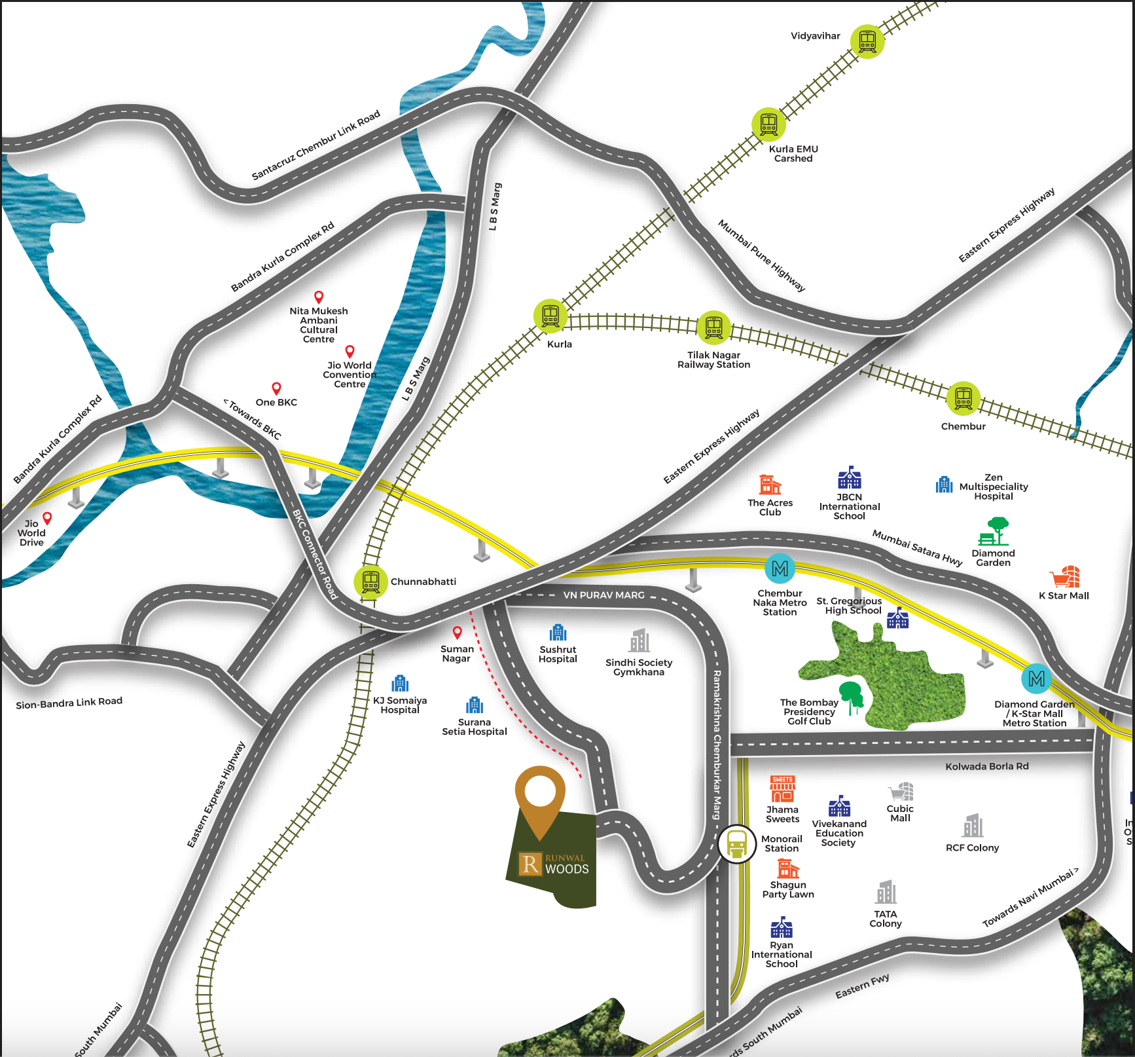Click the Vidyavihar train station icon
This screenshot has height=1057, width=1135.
click(x=867, y=42)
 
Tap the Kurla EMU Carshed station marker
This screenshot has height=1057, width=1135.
click(x=768, y=124)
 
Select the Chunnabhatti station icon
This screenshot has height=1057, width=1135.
click(x=371, y=582)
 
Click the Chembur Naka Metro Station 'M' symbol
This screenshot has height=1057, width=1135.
click(x=780, y=568)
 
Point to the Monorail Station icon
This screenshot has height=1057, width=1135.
click(x=737, y=844)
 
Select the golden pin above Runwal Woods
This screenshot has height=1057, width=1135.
click(x=540, y=798)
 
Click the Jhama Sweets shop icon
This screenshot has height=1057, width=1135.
click(x=783, y=789)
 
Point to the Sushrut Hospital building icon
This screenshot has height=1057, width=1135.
click(x=558, y=633)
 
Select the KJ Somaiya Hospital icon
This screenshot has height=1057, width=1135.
click(x=400, y=684)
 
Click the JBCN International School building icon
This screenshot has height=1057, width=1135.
click(x=850, y=478)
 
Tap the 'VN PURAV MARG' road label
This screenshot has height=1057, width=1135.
click(x=604, y=595)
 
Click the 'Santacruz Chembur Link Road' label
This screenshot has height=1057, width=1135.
click(x=315, y=146)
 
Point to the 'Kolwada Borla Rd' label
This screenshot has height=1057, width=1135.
click(x=986, y=766)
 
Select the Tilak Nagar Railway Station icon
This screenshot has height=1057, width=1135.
click(x=713, y=327)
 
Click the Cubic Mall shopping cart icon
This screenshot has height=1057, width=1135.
click(x=901, y=791)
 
